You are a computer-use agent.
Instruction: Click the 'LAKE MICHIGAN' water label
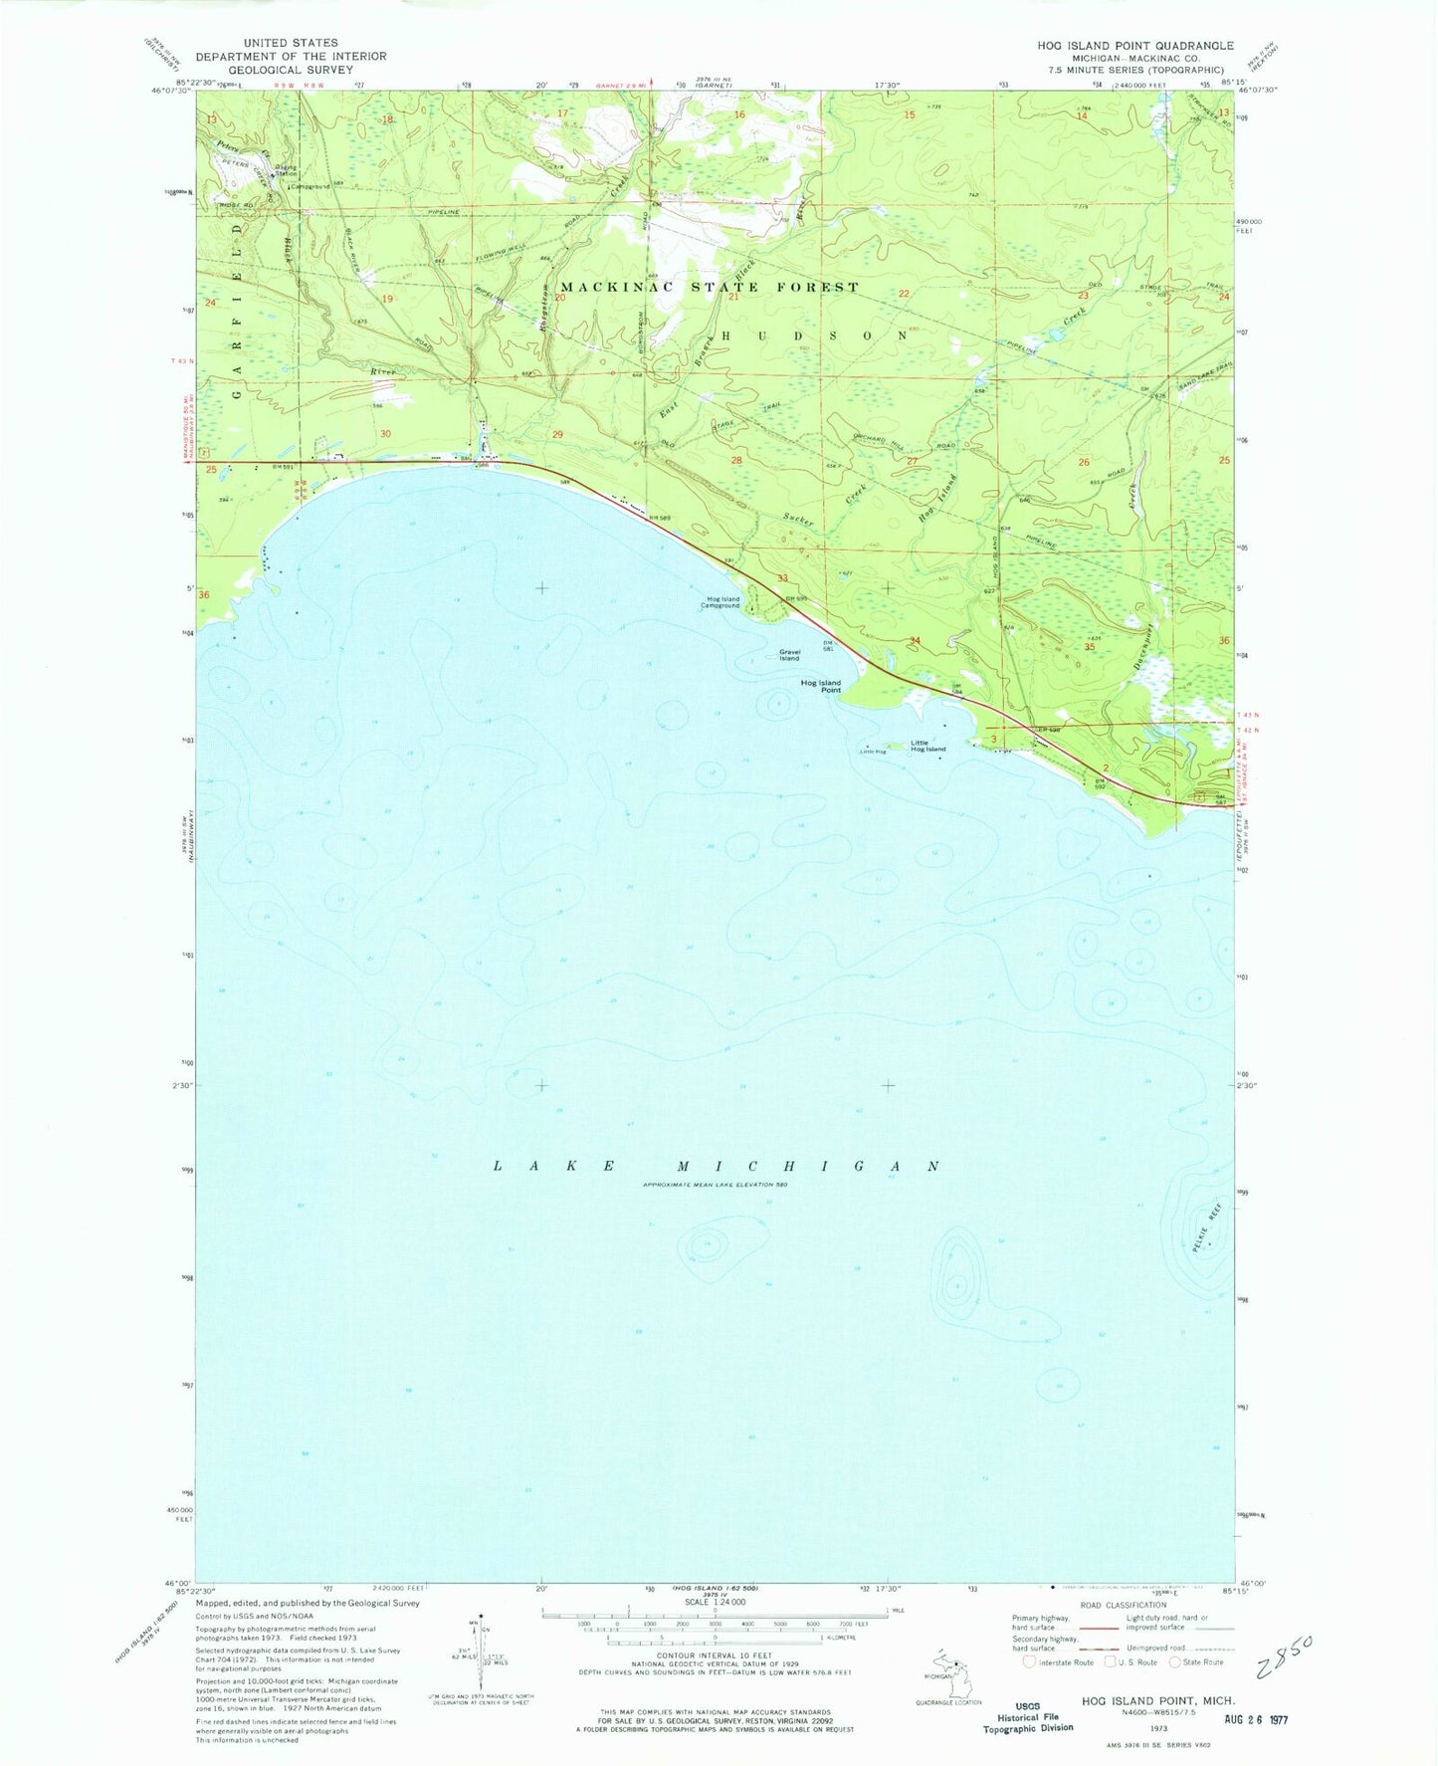click(717, 1166)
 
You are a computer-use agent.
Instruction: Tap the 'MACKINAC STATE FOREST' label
click(710, 287)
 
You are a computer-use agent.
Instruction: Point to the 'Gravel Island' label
click(789, 655)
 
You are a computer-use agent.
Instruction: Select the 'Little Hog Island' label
click(928, 746)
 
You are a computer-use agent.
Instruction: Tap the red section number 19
click(387, 299)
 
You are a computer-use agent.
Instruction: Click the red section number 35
click(1090, 646)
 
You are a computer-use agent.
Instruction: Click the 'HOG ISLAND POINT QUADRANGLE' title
click(1134, 46)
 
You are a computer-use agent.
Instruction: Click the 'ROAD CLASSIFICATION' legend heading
click(1122, 1605)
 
